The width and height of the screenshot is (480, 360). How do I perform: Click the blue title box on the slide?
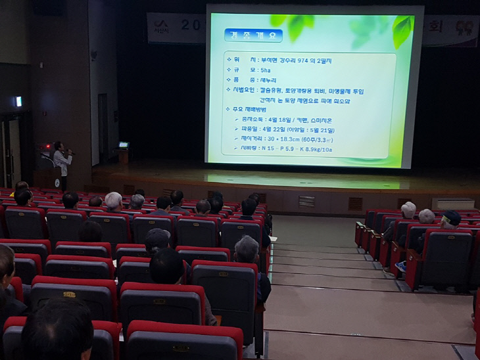(x=253, y=35)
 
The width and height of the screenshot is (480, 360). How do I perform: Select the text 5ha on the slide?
(x=265, y=69)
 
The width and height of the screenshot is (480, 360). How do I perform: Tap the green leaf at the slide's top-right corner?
(x=400, y=30)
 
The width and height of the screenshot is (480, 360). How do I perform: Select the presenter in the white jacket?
(x=61, y=164)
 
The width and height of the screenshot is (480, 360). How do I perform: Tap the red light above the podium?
(x=47, y=146)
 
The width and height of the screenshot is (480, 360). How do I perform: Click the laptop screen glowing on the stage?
(x=123, y=145)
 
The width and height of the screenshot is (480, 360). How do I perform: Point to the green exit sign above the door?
(x=18, y=101)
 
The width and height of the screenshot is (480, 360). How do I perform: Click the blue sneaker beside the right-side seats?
(x=400, y=266)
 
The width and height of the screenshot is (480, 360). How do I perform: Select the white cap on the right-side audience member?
(x=409, y=208)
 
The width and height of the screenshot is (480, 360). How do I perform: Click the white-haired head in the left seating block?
(x=114, y=200)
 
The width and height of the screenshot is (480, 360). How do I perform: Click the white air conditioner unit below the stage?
(x=452, y=204)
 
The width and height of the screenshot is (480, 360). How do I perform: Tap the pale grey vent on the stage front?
(x=306, y=201)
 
